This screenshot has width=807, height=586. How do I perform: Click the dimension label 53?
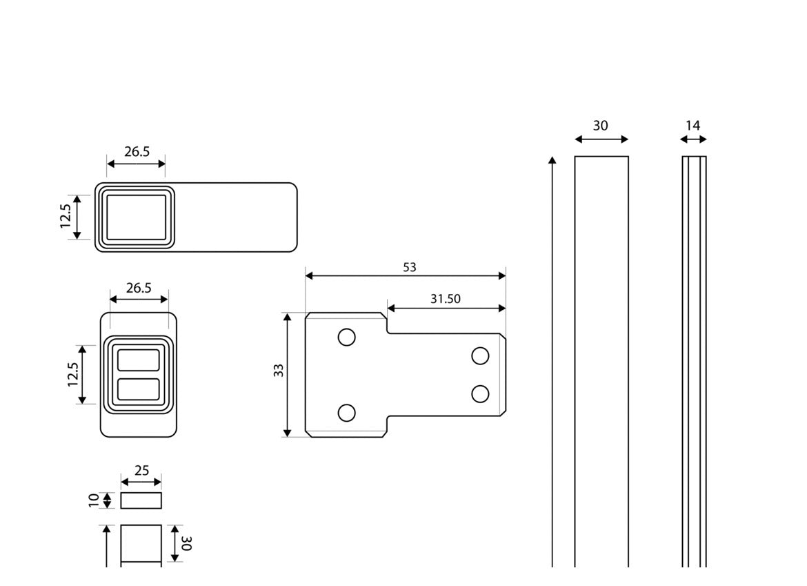409,267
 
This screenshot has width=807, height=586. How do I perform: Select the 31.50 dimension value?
445,299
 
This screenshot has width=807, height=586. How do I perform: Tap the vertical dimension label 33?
279,370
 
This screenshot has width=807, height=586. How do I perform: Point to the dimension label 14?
693,126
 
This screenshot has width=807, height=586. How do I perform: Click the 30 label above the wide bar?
600,126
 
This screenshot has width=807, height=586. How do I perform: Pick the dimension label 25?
141,471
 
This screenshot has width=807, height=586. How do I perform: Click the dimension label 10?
94,500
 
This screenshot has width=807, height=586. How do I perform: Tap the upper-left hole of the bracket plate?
346,338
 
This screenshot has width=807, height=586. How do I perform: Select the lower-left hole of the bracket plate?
346,413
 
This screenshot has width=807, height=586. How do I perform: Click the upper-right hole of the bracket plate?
480,356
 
